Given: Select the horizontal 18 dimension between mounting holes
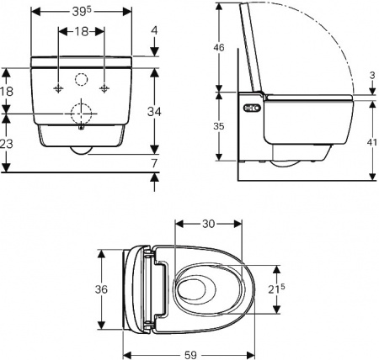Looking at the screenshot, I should coord(82,31).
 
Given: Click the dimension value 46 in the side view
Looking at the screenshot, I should coord(218,49).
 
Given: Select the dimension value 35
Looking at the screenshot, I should coord(218,127).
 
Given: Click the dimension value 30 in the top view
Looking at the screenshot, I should coord(210,224).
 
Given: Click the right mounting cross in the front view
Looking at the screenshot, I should coord(104,88).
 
